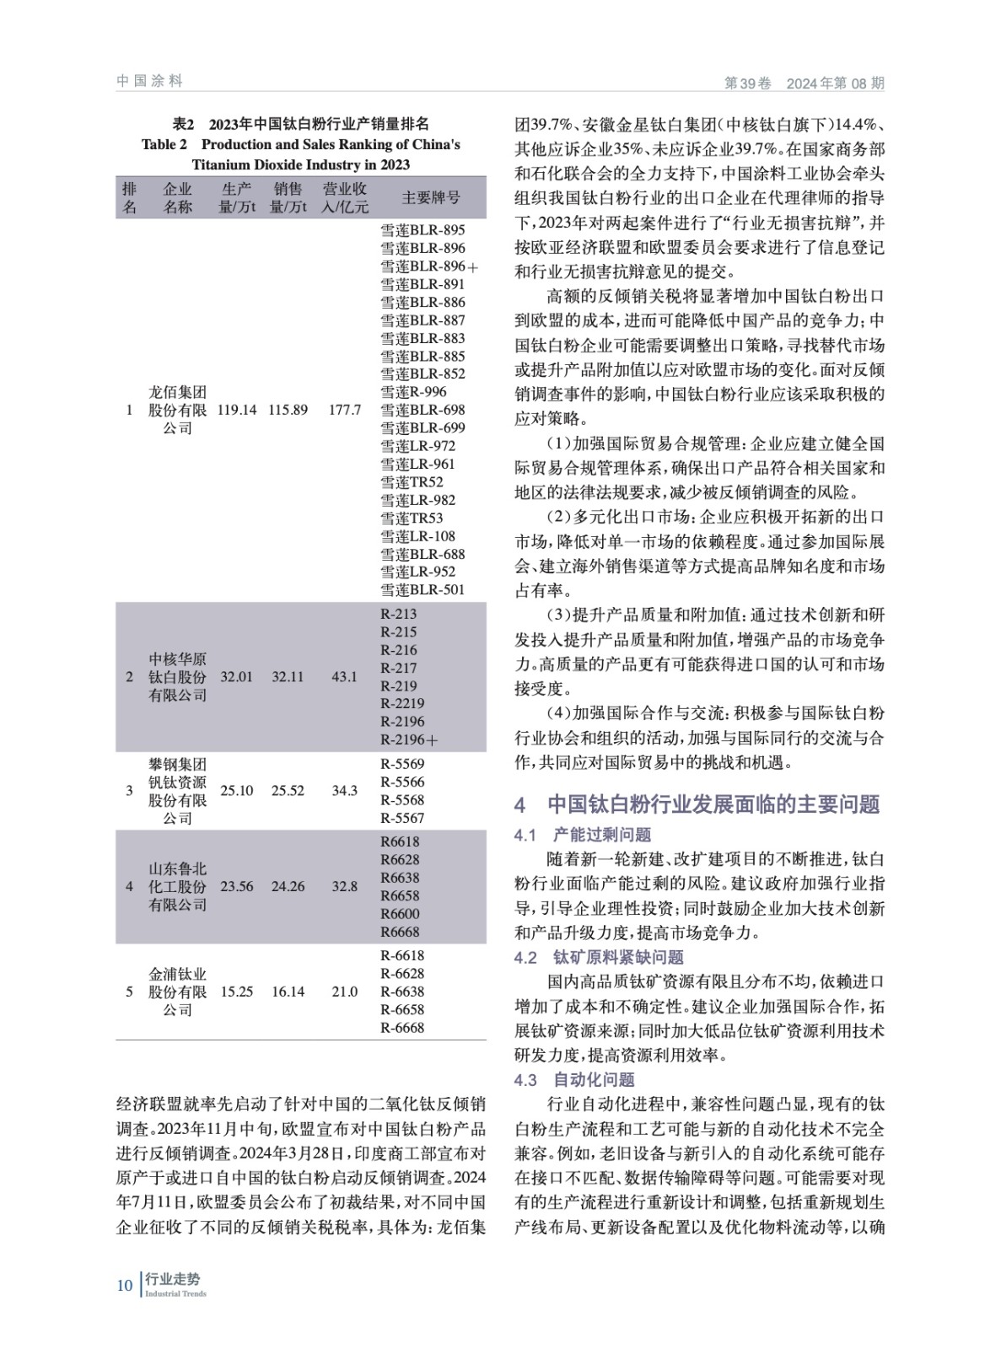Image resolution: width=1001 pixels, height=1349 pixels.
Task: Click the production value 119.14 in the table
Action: point(237,410)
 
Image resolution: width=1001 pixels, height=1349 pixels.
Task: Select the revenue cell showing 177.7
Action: point(344,410)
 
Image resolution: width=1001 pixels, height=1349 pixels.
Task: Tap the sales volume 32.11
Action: point(288,676)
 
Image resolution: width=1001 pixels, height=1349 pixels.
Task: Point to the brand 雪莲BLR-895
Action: point(422,230)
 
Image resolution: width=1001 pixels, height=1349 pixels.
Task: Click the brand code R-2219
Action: point(402,703)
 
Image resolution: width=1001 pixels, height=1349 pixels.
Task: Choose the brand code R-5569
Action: point(402,764)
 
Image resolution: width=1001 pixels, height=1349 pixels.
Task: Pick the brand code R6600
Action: point(400,913)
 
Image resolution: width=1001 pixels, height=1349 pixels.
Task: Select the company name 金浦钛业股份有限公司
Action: point(177,992)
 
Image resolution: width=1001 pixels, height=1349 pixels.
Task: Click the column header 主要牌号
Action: point(430,198)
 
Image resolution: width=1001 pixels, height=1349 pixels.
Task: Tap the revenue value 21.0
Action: point(344,992)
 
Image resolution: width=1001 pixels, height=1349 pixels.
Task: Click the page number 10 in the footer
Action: point(125,1285)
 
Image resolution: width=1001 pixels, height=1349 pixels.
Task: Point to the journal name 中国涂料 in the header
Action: point(149,81)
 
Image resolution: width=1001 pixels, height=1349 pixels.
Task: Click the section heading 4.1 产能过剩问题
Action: point(583,835)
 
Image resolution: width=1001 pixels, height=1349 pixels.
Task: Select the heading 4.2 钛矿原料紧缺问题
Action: point(599,957)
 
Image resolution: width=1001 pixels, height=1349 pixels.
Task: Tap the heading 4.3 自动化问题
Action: point(574,1079)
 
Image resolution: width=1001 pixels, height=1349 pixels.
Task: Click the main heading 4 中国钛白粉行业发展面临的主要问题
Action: point(697,804)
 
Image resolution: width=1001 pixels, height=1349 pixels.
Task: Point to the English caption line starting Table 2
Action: point(301,144)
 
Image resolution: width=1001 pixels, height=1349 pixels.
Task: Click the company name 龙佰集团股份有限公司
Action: point(177,410)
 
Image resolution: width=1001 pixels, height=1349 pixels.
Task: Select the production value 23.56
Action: point(237,886)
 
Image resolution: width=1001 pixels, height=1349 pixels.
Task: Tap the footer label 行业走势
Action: point(173,1280)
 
